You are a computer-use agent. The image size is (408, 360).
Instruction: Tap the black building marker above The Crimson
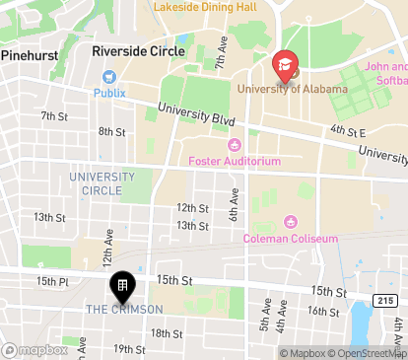122,287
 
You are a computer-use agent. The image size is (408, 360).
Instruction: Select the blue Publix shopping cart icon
109,76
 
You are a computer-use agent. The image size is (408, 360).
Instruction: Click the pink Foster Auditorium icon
234,146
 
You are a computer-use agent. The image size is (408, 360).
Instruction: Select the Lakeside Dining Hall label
204,7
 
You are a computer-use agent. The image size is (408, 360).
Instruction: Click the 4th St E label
349,130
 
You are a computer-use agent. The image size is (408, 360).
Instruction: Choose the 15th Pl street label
50,282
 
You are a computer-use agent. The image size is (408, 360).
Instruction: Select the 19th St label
129,349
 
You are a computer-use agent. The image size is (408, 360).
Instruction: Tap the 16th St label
322,311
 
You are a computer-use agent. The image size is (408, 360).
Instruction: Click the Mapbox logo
35,349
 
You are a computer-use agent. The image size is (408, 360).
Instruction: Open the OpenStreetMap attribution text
367,353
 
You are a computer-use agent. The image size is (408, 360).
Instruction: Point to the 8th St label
111,131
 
